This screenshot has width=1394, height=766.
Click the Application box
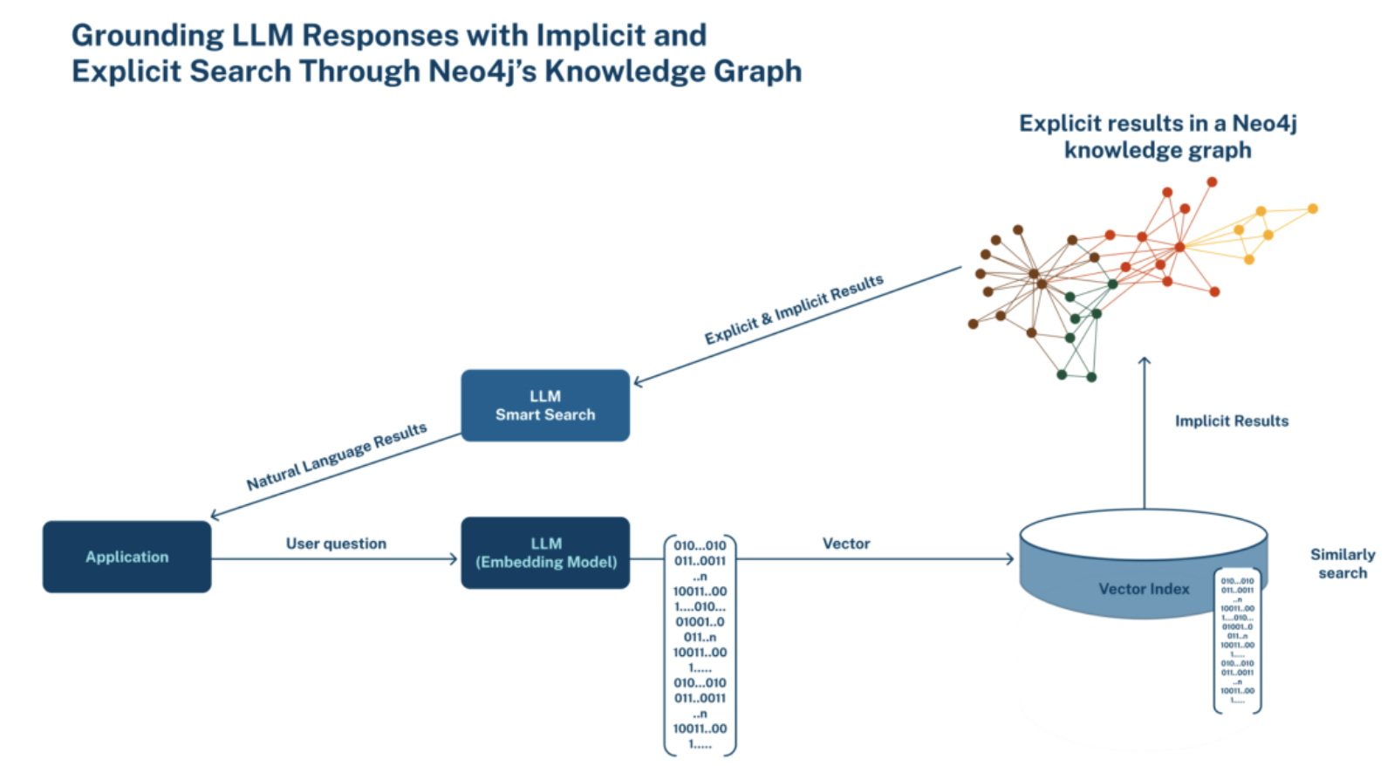click(x=126, y=557)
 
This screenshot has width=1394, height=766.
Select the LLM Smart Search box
click(x=545, y=406)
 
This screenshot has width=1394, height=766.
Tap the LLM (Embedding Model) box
click(x=545, y=553)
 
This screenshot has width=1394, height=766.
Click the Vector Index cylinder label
click(x=1143, y=589)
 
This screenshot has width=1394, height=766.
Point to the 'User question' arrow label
click(x=336, y=544)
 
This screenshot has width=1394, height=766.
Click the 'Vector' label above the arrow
click(x=846, y=544)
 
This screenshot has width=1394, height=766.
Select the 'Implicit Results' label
click(x=1231, y=421)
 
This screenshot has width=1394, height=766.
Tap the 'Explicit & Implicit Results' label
click(x=794, y=310)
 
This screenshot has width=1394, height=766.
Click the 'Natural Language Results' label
click(x=337, y=456)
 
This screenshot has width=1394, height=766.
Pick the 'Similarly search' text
click(x=1343, y=564)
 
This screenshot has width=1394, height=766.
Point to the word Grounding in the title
click(x=147, y=35)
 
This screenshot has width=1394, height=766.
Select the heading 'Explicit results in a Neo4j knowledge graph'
click(x=1158, y=136)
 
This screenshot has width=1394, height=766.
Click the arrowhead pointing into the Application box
click(x=215, y=515)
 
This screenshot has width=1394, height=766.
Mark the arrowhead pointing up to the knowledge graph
click(x=1145, y=359)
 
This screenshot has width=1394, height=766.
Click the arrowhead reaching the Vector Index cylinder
click(x=1010, y=559)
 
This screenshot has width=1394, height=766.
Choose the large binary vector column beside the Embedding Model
click(x=700, y=645)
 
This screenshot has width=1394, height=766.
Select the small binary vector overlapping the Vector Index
click(x=1237, y=641)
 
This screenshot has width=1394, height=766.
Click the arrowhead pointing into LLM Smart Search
click(x=638, y=382)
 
